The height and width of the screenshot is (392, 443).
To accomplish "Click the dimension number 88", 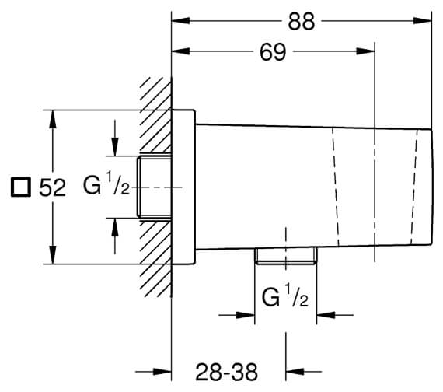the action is pyautogui.click(x=302, y=22).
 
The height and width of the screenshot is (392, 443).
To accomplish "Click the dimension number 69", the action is pyautogui.click(x=273, y=52).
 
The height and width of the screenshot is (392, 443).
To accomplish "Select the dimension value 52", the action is pyautogui.click(x=53, y=187).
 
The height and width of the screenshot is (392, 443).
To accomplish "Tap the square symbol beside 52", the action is pyautogui.click(x=21, y=187).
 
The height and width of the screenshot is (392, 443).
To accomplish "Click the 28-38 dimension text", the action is pyautogui.click(x=227, y=373).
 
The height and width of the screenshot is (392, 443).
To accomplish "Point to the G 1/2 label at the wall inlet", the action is pyautogui.click(x=106, y=185).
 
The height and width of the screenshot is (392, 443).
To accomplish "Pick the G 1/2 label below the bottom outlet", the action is pyautogui.click(x=284, y=297).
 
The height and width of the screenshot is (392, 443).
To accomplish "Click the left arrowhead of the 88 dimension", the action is pyautogui.click(x=181, y=20).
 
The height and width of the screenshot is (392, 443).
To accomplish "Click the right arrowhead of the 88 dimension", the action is pyautogui.click(x=423, y=20).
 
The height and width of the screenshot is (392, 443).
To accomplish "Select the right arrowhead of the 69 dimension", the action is pyautogui.click(x=365, y=51).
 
